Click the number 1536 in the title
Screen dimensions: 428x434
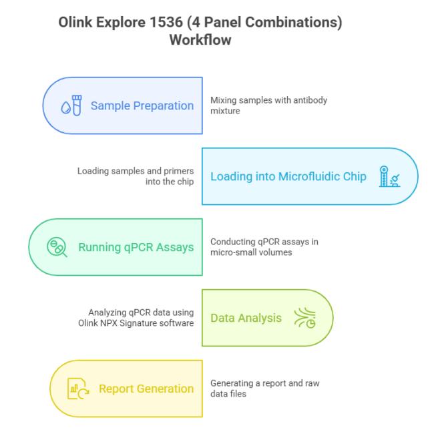tap(166, 22)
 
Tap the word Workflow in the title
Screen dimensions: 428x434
tap(200, 40)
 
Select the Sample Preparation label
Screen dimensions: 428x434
tap(142, 105)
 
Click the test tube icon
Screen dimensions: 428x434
tap(77, 105)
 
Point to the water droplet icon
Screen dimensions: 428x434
tap(66, 107)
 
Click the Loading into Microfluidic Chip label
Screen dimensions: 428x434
tap(288, 176)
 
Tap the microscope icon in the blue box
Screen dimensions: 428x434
tap(389, 176)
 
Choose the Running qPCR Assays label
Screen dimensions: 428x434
tap(136, 248)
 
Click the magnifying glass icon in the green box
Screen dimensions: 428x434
tap(57, 247)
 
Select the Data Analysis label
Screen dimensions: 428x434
tap(246, 318)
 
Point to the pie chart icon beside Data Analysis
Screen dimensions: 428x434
tap(311, 323)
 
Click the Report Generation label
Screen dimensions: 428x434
tap(146, 389)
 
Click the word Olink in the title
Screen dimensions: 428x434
tap(75, 22)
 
